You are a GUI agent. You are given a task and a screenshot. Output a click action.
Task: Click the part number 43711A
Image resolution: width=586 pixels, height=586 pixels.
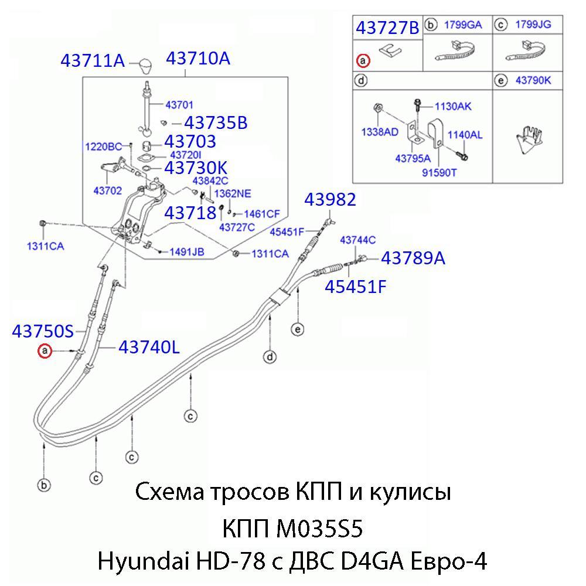[x=93, y=60]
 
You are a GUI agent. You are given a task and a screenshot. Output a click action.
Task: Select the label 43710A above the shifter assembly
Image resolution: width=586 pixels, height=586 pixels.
[x=197, y=59]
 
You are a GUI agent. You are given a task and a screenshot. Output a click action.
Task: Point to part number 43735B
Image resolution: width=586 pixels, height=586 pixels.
[x=216, y=123]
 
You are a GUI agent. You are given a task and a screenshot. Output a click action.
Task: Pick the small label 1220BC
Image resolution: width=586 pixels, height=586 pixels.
[x=103, y=146]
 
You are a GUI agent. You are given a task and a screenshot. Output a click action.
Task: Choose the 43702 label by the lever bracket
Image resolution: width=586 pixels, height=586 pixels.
[x=104, y=190]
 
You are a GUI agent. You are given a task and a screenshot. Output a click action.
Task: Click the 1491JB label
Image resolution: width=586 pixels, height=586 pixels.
[x=186, y=252]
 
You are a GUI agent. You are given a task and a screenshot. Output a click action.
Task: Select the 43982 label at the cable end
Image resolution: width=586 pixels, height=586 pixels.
[x=330, y=200]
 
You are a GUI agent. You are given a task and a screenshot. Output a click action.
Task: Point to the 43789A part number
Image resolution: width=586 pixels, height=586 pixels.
[x=413, y=258]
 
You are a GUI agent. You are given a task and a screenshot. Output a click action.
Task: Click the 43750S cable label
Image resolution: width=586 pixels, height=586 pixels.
[x=43, y=332]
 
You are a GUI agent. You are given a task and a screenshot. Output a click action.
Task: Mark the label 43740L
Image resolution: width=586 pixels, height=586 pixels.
[x=149, y=347]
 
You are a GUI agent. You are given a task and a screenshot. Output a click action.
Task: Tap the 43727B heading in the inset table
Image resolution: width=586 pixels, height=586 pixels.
[x=387, y=28]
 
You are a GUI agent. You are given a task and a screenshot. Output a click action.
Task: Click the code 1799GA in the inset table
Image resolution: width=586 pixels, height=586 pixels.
[x=462, y=25]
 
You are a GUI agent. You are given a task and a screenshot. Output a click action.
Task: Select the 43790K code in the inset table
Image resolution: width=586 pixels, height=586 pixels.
[x=533, y=81]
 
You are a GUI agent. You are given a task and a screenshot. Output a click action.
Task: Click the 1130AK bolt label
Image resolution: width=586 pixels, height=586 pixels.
[x=453, y=107]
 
